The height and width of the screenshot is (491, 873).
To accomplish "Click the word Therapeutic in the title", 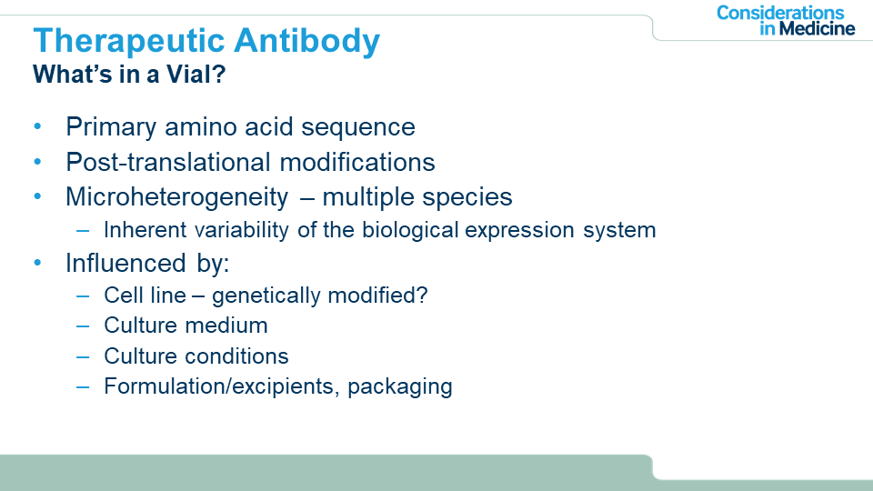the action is pos(128,42).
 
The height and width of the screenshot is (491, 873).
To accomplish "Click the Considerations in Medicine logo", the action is pos(786,21).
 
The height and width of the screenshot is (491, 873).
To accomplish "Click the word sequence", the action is pos(358,128).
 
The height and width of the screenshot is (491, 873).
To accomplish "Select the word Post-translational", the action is pos(168,162).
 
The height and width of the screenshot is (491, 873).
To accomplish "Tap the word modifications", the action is pos(356,162).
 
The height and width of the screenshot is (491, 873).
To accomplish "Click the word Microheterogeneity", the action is pos(177,197).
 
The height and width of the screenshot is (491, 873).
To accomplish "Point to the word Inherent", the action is pos(145,230).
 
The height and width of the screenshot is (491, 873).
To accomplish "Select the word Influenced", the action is pos(125,263).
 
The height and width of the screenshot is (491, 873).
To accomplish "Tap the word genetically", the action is pos(266,296).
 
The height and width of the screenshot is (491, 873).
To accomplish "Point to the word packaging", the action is pos(400,387).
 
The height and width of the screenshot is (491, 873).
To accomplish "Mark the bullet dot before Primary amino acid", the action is pos(37,127).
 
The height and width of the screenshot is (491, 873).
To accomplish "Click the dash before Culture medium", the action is pos(83,326).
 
